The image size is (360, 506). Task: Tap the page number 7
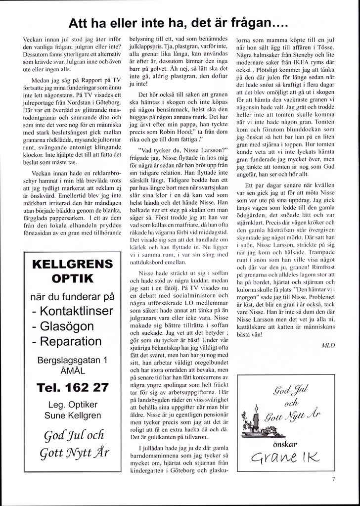pos(334,479)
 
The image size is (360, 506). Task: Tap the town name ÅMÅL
pos(72,371)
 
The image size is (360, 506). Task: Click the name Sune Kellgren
pos(72,415)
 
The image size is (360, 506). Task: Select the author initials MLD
pos(328,346)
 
